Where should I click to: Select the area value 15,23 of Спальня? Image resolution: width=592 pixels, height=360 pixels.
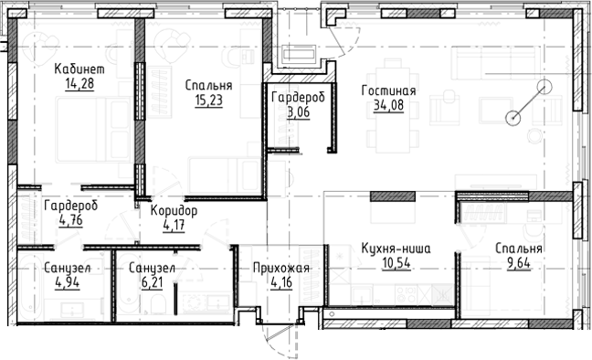click(x=207, y=101)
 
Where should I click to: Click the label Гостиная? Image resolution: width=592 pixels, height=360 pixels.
click(x=388, y=91)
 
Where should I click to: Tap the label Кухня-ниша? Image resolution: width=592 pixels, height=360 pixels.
click(x=395, y=248)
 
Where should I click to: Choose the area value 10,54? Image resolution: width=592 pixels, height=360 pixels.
click(x=395, y=264)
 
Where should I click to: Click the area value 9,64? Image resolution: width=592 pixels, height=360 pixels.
click(x=519, y=264)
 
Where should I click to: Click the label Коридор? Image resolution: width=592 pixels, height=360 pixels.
click(x=174, y=210)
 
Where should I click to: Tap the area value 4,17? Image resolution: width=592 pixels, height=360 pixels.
click(x=174, y=227)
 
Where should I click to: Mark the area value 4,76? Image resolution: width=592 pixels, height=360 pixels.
click(x=70, y=219)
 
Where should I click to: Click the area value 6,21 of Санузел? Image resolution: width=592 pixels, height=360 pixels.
click(x=152, y=283)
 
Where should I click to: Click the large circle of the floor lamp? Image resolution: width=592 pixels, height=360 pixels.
click(x=545, y=89)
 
